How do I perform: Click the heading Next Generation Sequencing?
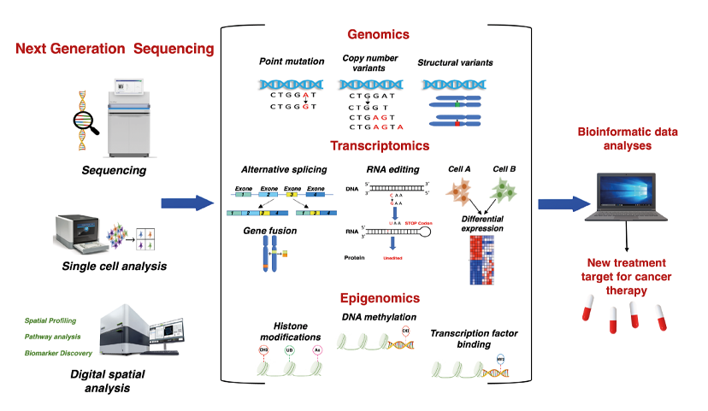click(115, 49)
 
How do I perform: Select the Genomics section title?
click(378, 35)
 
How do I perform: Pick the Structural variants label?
click(455, 62)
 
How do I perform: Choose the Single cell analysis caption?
click(114, 267)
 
